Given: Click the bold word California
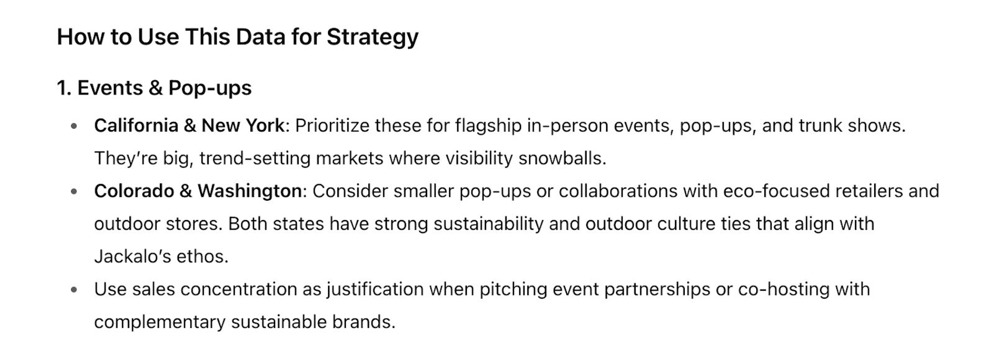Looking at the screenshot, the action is [136, 126].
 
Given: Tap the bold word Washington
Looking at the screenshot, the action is [250, 191].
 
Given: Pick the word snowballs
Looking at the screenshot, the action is [562, 158].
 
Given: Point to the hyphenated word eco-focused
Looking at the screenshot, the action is [776, 191].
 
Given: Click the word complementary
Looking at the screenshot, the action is [160, 322].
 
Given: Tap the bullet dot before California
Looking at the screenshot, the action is [74, 126].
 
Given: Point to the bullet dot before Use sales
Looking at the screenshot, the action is [74, 290].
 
